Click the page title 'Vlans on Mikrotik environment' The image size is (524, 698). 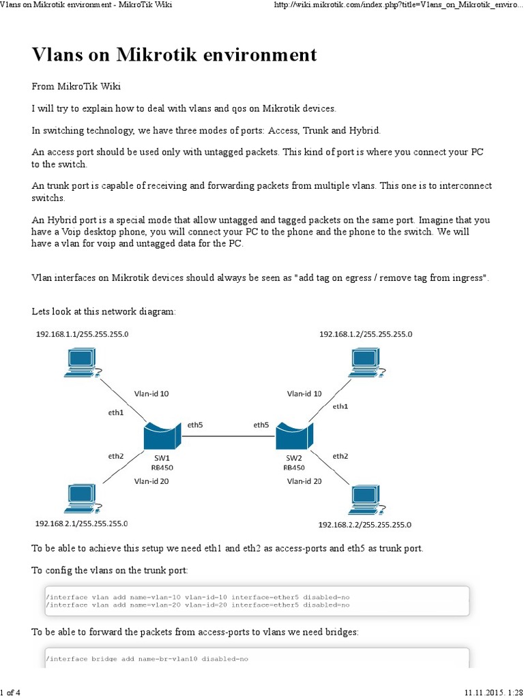point(175,55)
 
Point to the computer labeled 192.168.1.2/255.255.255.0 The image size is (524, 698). point(365,363)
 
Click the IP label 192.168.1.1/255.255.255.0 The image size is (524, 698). point(82,334)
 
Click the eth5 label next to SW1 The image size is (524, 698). point(195,425)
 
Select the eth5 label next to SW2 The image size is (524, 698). point(261,425)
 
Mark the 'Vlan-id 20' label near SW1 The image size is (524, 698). point(151,481)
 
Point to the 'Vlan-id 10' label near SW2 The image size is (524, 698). point(304,393)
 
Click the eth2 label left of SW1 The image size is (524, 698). point(115,455)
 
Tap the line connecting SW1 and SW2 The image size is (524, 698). point(229,436)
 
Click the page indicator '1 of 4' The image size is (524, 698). point(10,693)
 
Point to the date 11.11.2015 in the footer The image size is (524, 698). point(484,693)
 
